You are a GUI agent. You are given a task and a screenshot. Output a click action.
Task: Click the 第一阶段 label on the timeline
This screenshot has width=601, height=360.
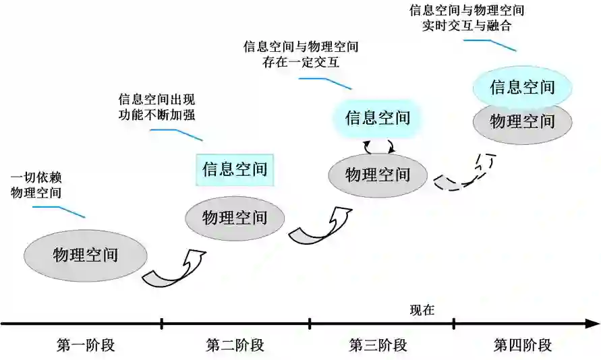point(86,346)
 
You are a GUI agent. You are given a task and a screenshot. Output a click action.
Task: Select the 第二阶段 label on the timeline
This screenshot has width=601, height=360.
point(235,346)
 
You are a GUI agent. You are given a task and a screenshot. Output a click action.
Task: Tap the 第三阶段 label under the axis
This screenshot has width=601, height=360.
point(378,346)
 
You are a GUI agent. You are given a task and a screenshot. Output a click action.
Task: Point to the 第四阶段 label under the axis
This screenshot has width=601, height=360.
point(523,346)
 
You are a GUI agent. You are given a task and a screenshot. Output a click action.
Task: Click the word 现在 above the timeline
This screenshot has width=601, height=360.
point(422,311)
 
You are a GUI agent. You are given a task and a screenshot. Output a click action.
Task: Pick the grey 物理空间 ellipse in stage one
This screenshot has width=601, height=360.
point(86,255)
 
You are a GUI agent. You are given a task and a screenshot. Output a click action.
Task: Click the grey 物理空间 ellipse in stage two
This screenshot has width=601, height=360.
point(235,217)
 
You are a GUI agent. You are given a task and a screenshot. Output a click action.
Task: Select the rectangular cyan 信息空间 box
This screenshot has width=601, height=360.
point(235,169)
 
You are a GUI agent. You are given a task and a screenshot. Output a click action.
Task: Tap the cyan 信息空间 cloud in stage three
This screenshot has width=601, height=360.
point(378,118)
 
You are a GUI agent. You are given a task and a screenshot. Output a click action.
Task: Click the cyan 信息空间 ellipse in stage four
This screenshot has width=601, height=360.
point(522,87)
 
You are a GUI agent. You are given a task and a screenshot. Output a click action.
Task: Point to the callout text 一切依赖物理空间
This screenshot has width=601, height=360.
point(36,185)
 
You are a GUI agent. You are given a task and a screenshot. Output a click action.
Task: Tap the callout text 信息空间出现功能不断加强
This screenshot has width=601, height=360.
point(156,107)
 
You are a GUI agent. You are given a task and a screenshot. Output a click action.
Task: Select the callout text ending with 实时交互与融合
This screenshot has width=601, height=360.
point(467,18)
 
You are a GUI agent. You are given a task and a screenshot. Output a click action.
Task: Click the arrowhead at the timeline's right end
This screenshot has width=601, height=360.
point(593,324)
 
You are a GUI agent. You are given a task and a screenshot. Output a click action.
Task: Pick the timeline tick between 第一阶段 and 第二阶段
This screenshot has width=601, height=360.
point(162,324)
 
